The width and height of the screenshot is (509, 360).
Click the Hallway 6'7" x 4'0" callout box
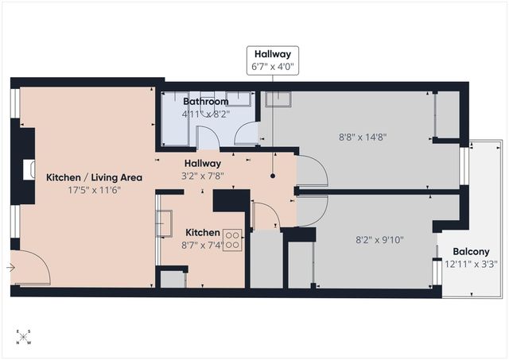(x=272, y=61)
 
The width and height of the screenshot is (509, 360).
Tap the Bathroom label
(x=206, y=102)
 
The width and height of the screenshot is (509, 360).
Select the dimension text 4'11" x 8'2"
(x=206, y=114)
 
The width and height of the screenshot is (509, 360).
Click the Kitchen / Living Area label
(x=94, y=177)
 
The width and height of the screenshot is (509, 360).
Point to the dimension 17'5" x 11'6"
(x=94, y=190)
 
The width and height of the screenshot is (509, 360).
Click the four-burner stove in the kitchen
(x=232, y=240)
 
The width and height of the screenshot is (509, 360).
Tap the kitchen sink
(x=165, y=223)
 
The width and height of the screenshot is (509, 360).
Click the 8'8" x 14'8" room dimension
(x=364, y=136)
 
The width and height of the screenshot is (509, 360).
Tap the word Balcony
(x=471, y=252)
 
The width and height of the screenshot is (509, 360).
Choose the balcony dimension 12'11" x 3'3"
(x=471, y=264)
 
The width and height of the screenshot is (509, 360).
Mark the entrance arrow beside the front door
(x=10, y=268)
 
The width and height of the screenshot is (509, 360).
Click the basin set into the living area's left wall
(x=30, y=169)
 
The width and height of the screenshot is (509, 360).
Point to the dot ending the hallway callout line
(x=272, y=176)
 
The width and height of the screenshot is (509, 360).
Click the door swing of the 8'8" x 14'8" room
(x=312, y=171)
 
